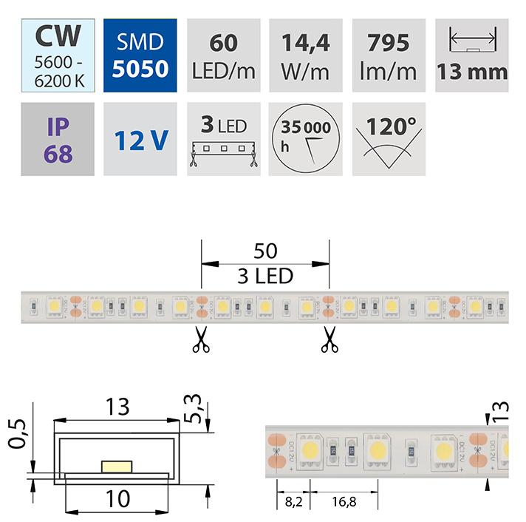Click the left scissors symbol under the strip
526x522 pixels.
(199, 340)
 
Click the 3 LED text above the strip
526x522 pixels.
(265, 277)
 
